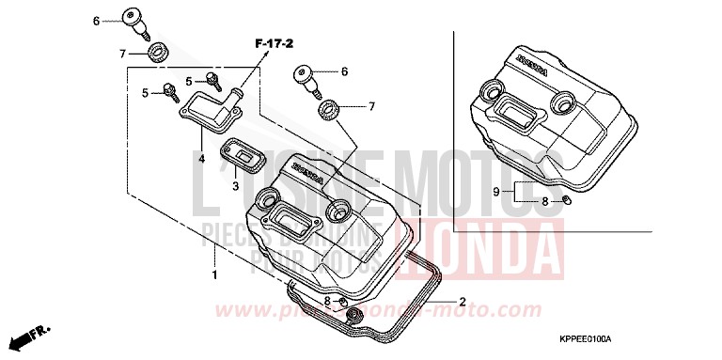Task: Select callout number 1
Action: pos(215,275)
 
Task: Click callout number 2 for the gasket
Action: pos(463,302)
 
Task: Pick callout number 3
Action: pos(236,186)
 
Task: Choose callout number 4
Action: pos(201,158)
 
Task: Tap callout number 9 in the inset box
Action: pos(522,192)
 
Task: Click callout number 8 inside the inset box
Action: pos(544,201)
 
